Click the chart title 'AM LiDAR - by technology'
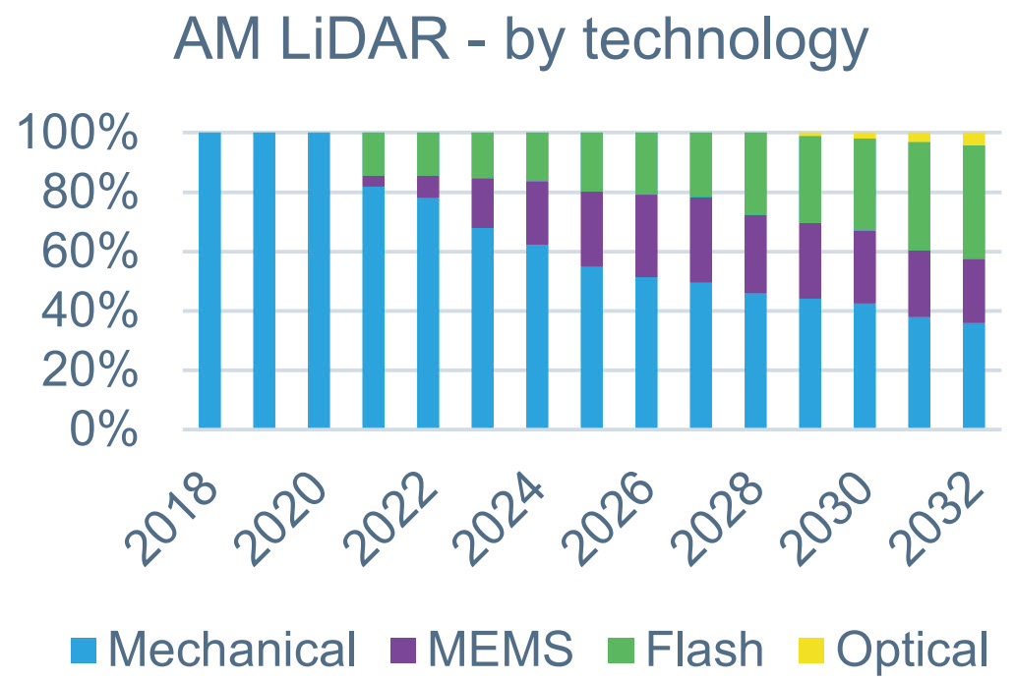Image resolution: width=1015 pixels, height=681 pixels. pos(520,41)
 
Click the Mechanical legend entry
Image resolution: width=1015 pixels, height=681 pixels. pos(212,650)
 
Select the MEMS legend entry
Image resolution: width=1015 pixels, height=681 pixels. pos(481,650)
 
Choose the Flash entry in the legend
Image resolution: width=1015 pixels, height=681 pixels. pos(689,650)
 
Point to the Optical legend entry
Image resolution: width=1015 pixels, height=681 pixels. pos(894,650)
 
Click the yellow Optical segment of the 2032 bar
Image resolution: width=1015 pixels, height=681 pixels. pos(974,139)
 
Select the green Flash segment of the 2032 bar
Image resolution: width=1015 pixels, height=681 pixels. pos(974,202)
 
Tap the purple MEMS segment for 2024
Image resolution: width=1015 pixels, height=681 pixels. pos(537,213)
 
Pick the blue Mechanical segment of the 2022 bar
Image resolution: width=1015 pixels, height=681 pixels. pos(428,313)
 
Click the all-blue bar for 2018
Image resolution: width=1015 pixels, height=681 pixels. pos(209,281)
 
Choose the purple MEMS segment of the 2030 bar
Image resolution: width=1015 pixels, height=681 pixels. pos(865,267)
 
